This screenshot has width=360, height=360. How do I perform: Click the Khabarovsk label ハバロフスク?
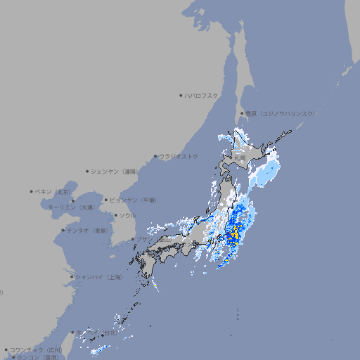202,96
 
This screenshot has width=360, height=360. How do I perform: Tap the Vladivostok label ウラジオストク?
179,156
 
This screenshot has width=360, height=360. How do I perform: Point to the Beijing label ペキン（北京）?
55,191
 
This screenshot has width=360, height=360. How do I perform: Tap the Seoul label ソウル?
127,216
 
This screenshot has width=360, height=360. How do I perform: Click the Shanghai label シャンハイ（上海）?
99,277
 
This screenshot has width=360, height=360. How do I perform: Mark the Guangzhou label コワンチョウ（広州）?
36,349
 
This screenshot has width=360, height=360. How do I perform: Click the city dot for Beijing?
32,191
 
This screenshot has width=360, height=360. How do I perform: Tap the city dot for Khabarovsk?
181,96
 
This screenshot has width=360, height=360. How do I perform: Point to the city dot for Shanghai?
72,277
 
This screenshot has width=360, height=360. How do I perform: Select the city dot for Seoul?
115,216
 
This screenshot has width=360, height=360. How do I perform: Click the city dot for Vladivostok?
155,156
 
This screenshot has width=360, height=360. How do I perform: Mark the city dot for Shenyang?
88,171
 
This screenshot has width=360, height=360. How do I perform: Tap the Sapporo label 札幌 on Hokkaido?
240,159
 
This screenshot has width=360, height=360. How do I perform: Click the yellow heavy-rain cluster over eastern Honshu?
235,233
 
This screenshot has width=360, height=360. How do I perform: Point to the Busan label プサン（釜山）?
143,240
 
